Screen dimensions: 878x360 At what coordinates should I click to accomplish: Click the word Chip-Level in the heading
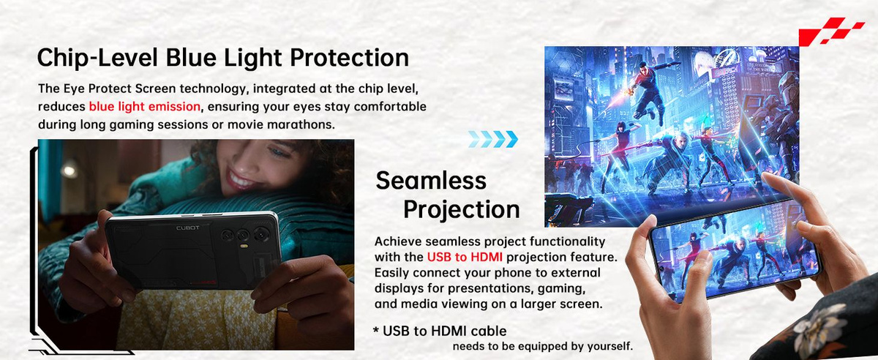click(97, 58)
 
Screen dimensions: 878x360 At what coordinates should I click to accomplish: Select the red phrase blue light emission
click(145, 107)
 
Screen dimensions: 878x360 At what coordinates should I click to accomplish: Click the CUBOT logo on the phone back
click(188, 228)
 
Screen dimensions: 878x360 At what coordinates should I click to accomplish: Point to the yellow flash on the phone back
click(245, 247)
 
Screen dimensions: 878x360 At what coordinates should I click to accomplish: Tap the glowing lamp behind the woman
click(70, 170)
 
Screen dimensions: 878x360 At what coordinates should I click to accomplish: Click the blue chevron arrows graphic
click(492, 139)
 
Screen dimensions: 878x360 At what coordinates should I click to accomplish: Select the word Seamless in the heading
click(431, 181)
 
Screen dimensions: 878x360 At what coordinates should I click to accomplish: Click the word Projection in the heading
click(462, 209)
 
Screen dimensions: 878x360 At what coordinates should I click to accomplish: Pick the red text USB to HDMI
click(465, 258)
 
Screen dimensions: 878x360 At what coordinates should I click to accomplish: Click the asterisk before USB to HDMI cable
click(376, 331)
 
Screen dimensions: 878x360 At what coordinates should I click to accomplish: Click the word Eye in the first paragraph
click(74, 89)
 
